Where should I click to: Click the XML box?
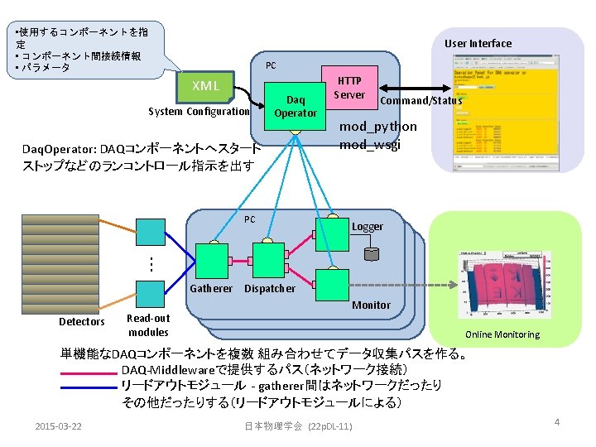tap(206, 86)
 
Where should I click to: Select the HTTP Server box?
tap(348, 88)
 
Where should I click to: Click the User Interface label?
tap(478, 43)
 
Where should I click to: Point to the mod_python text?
tap(378, 127)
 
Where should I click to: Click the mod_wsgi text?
tap(370, 145)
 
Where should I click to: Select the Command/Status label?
tap(420, 101)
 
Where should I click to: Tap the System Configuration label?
tap(199, 112)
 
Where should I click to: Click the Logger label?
tap(368, 226)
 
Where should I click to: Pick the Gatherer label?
tap(211, 288)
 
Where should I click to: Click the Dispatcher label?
tap(270, 288)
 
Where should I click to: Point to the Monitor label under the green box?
tap(371, 305)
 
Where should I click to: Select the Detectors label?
tap(82, 321)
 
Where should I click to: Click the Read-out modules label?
tap(148, 324)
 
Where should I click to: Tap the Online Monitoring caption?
tap(502, 334)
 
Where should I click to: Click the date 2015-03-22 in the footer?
tap(59, 425)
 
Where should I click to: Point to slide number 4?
tap(557, 423)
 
